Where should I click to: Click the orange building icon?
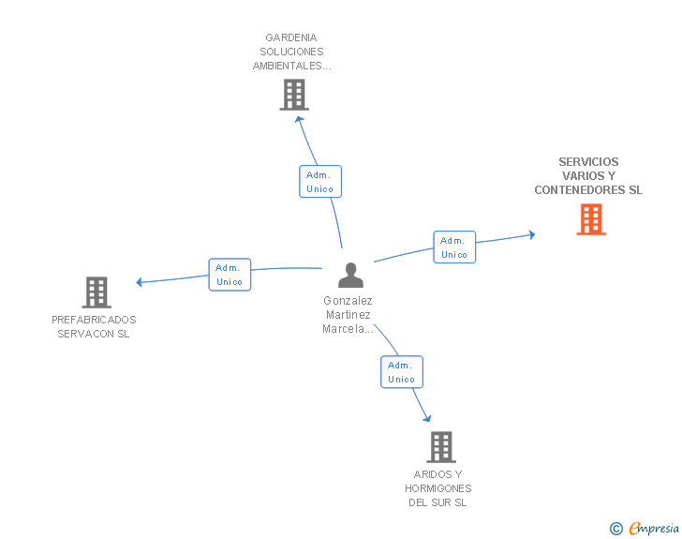click(x=591, y=219)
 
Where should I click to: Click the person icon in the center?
click(x=350, y=276)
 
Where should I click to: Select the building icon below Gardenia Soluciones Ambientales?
click(x=294, y=95)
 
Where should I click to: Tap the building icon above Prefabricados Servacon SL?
click(x=96, y=292)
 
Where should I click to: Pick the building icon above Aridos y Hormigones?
click(x=441, y=447)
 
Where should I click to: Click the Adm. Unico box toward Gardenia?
click(x=320, y=182)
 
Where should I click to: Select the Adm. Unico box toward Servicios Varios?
click(x=454, y=247)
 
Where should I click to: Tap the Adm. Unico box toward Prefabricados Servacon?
click(x=230, y=275)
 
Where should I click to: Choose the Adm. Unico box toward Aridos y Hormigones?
click(x=402, y=372)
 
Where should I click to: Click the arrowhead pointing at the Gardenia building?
click(x=299, y=119)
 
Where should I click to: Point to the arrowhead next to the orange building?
click(x=531, y=234)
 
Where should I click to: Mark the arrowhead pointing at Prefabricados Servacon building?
click(x=140, y=282)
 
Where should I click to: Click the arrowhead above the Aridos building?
click(x=427, y=418)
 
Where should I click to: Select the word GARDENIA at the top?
click(x=291, y=37)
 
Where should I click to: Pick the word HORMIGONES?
click(x=438, y=488)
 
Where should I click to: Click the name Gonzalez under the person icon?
click(x=348, y=300)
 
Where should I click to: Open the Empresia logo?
click(x=654, y=528)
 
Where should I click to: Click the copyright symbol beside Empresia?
click(x=615, y=529)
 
